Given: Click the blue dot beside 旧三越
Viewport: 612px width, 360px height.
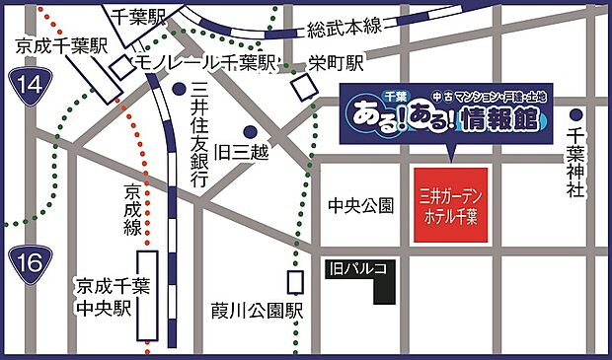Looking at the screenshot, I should pyautogui.click(x=251, y=131).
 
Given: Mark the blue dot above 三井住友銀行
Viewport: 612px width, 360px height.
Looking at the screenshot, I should pyautogui.click(x=179, y=89).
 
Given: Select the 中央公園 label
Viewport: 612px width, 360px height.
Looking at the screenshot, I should pyautogui.click(x=361, y=205).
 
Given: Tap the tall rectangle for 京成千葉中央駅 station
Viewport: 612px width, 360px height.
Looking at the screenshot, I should pyautogui.click(x=148, y=295).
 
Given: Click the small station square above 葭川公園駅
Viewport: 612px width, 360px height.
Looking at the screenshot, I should pyautogui.click(x=295, y=282).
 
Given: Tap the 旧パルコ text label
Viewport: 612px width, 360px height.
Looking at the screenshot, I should pyautogui.click(x=358, y=266).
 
